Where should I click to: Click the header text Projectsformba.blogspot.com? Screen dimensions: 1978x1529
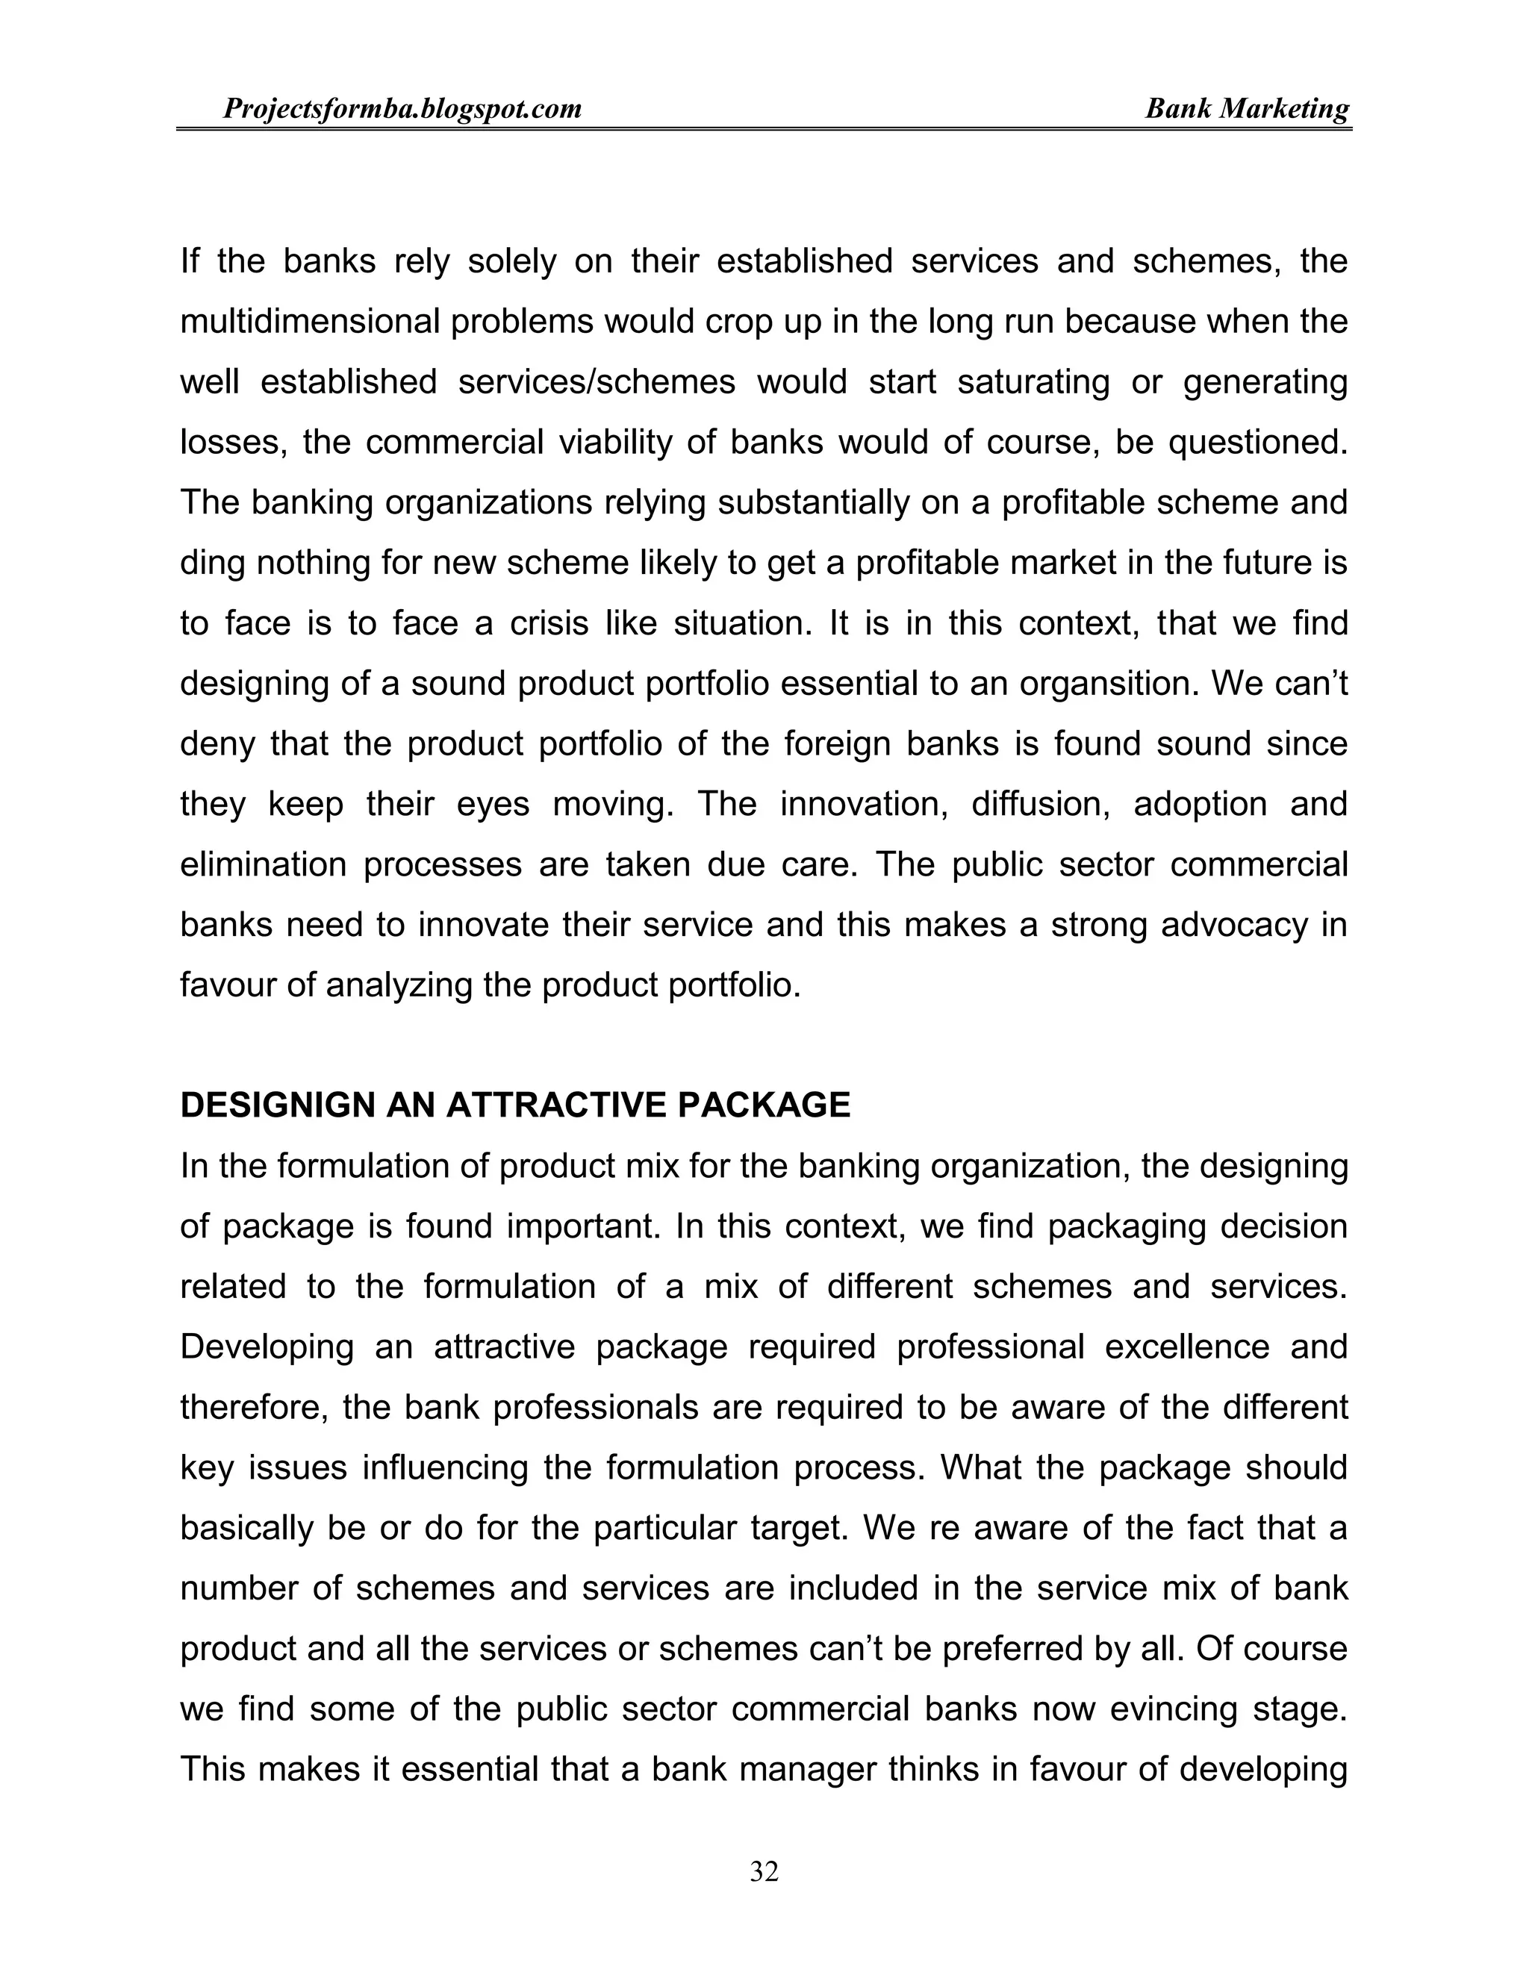click(x=402, y=110)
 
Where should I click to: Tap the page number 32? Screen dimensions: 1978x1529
click(x=764, y=1871)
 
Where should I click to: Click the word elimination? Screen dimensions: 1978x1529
click(x=262, y=865)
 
